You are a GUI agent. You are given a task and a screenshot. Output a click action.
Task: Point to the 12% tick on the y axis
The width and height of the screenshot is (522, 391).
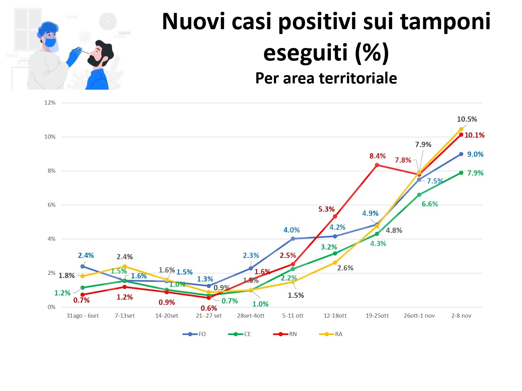point(50,103)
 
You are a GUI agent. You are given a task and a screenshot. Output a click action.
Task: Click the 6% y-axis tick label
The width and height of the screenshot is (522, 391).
point(52,205)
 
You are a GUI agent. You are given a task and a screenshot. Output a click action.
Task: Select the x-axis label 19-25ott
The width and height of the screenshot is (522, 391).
point(377,316)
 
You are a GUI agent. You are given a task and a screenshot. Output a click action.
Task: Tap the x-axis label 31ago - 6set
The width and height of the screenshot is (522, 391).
point(82,316)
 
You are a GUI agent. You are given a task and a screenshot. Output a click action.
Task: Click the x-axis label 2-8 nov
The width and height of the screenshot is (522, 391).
point(461,316)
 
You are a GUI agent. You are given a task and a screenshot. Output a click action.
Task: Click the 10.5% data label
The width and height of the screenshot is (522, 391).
point(467,119)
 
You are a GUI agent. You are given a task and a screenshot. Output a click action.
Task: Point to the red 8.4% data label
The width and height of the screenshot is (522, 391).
point(378,156)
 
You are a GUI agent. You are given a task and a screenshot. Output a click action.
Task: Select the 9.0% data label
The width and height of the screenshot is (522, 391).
point(475,154)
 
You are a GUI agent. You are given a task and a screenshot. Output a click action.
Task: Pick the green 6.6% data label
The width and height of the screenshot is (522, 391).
point(430,204)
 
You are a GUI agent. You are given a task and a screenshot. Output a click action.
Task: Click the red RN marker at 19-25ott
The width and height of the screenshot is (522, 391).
point(377,165)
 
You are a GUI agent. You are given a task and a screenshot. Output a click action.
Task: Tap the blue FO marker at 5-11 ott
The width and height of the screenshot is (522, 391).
point(293,239)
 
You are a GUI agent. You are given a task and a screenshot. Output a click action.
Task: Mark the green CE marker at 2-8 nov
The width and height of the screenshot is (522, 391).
point(461,173)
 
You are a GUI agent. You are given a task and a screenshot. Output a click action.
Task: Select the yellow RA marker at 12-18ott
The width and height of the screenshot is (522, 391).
point(335,263)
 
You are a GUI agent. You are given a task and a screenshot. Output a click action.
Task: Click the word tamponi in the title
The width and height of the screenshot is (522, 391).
point(445,22)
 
